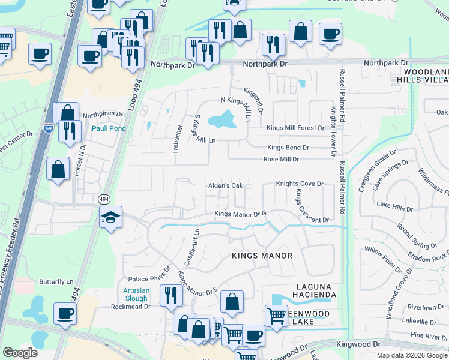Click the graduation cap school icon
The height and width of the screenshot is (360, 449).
click(x=111, y=218)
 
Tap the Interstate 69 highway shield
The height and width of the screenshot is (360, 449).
click(x=49, y=128)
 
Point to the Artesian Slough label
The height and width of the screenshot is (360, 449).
click(x=136, y=294)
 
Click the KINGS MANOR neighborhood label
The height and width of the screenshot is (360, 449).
click(x=262, y=256)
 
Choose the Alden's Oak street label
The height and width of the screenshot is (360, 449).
click(x=225, y=186)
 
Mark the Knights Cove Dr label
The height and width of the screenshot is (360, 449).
click(x=300, y=184)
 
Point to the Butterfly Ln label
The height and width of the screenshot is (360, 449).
click(x=56, y=281)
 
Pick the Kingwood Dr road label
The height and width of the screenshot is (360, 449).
click(x=360, y=344)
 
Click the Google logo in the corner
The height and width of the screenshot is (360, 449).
click(x=20, y=353)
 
